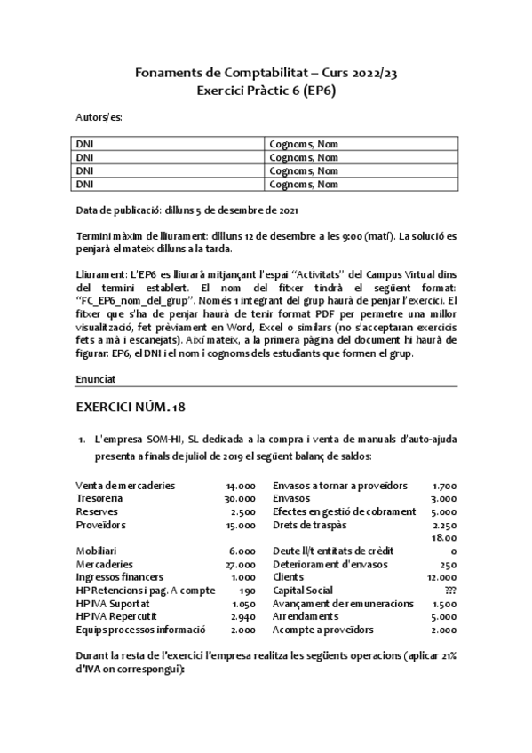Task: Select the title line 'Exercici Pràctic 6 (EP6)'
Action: point(266,90)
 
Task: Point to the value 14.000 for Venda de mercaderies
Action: point(241,486)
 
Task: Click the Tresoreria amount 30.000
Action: point(241,499)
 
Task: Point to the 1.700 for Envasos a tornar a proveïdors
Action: point(444,486)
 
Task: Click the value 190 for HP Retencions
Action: point(247,590)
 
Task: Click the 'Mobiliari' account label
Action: point(95,551)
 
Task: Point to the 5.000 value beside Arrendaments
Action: point(444,616)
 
